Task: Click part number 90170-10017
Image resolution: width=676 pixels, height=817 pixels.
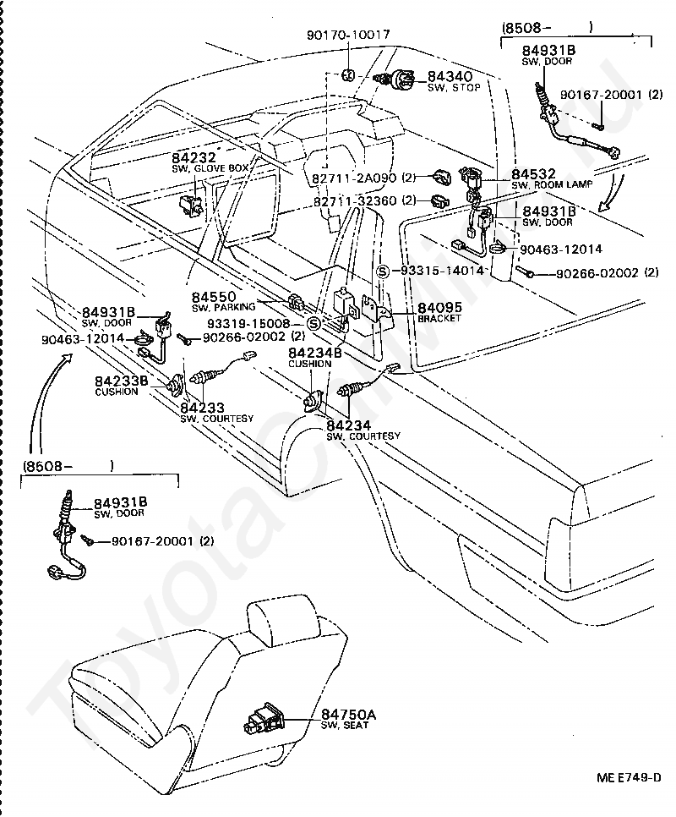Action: (347, 36)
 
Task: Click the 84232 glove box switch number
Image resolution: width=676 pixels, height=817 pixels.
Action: (194, 157)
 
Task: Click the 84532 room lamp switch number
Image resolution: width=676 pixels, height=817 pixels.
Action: (532, 173)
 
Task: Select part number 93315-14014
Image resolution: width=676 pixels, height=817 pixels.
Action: (441, 271)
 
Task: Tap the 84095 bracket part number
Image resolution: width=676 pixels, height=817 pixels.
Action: (439, 308)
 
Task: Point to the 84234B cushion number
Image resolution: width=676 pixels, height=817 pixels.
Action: (314, 353)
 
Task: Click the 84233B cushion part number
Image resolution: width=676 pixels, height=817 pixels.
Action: (121, 381)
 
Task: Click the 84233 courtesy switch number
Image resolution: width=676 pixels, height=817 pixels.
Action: (203, 408)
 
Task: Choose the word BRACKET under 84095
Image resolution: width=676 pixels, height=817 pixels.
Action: (439, 318)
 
